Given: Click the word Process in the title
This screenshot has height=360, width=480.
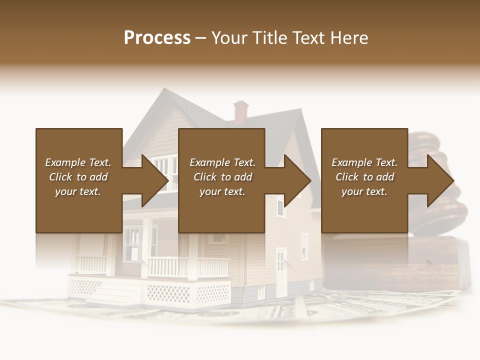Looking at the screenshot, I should point(157,38).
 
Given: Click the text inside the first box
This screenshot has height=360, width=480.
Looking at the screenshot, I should point(78,177).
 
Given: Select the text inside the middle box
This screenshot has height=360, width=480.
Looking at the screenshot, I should point(222,177).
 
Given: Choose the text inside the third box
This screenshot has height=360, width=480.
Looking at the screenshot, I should point(364,177).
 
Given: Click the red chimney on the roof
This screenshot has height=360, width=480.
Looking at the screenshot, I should point(240,111).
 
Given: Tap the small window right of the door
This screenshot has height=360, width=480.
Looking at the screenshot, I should point(304,245).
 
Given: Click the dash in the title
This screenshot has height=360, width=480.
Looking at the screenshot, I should point(200,38).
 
